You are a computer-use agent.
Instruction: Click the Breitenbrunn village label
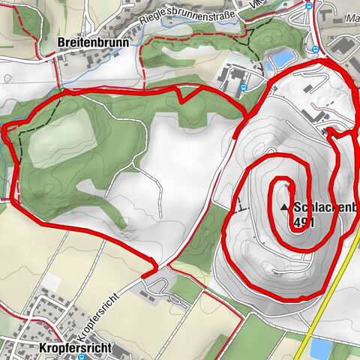point(93,43)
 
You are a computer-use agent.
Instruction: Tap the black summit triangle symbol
point(285,207)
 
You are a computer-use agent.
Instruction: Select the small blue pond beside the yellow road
point(320,348)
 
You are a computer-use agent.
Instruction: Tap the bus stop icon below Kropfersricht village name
point(82,358)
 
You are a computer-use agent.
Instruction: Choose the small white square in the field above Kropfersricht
point(52,280)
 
